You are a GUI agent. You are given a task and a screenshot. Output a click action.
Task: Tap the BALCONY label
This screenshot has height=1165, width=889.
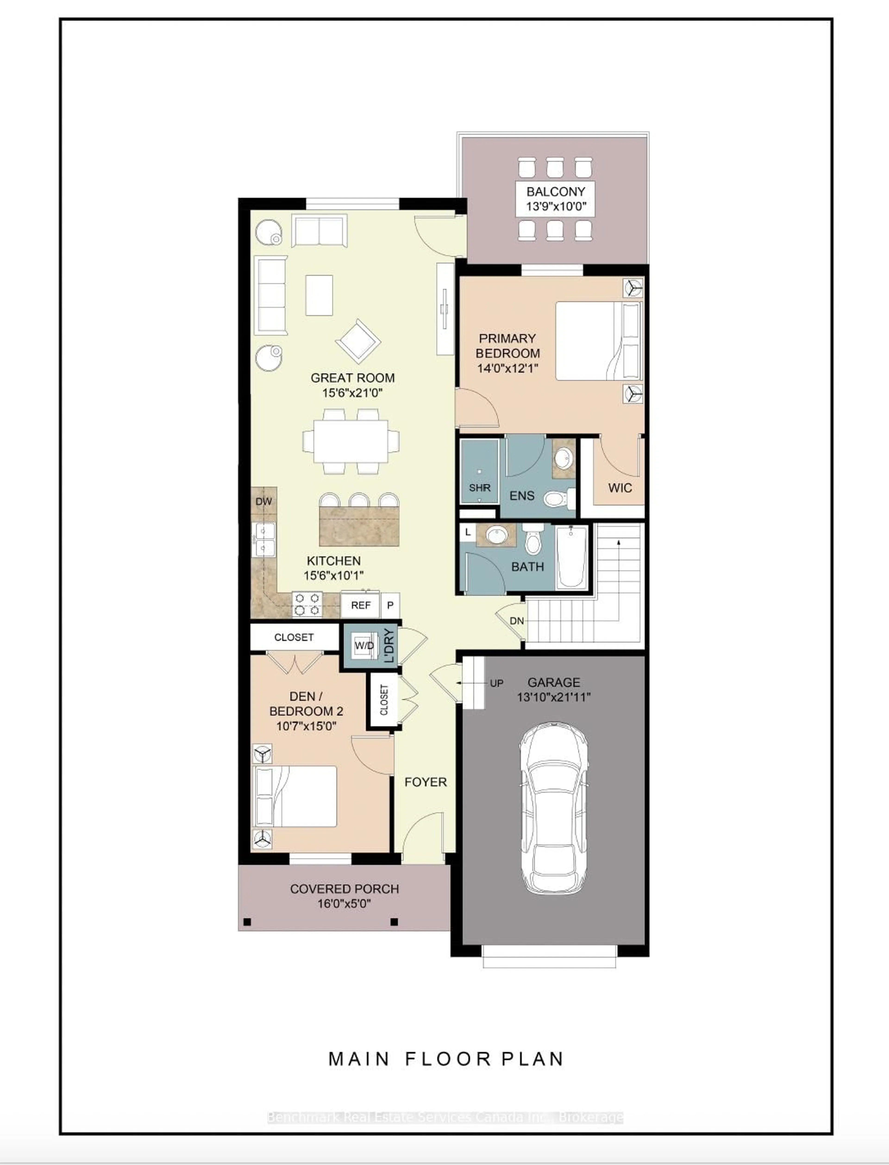pyautogui.click(x=556, y=192)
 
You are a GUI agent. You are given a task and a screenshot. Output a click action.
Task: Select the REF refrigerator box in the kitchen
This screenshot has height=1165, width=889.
pyautogui.click(x=360, y=605)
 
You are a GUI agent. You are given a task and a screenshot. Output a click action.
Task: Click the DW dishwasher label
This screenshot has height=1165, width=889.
pyautogui.click(x=263, y=501)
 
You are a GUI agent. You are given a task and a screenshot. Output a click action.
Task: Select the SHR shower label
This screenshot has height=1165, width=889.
pyautogui.click(x=479, y=488)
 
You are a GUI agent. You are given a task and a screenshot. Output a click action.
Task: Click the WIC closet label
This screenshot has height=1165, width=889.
pyautogui.click(x=620, y=488)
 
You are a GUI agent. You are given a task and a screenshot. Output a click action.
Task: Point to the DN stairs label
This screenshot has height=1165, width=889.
pyautogui.click(x=516, y=620)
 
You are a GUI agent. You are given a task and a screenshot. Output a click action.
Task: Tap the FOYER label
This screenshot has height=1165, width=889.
pyautogui.click(x=426, y=782)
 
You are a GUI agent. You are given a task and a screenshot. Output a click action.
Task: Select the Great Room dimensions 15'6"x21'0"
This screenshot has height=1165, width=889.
pyautogui.click(x=352, y=393)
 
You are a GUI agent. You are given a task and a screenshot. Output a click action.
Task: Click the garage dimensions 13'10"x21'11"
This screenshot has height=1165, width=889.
pyautogui.click(x=554, y=697)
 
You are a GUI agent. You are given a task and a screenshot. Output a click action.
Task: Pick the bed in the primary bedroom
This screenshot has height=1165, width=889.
pyautogui.click(x=598, y=341)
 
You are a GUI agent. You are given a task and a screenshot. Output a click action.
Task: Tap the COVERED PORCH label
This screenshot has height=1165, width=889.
pyautogui.click(x=344, y=889)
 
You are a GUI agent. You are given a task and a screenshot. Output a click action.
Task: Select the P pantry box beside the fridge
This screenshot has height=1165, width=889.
pyautogui.click(x=390, y=605)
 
